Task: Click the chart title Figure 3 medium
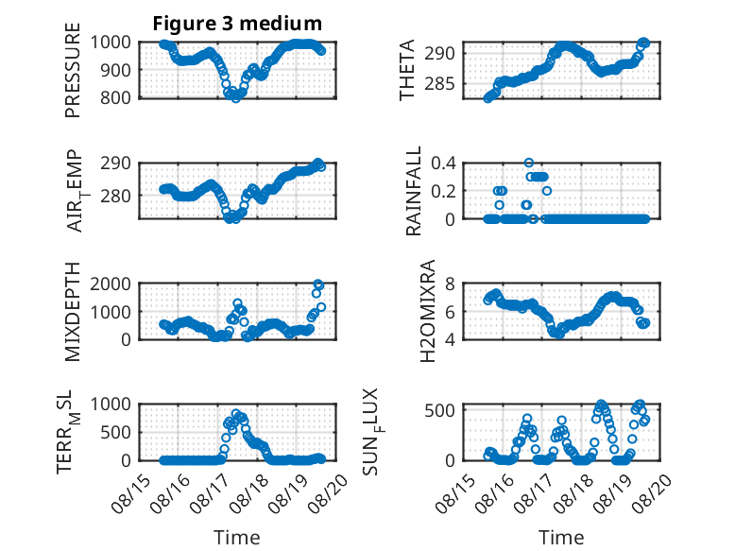click(237, 23)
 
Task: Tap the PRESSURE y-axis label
click(73, 70)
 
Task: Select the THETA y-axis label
click(407, 70)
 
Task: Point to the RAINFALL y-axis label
click(414, 190)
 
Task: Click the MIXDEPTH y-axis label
click(73, 311)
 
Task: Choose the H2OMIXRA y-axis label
click(428, 311)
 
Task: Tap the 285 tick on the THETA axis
click(440, 84)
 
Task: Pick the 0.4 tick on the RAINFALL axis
click(443, 164)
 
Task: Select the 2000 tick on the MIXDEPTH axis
click(111, 284)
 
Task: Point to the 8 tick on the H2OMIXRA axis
click(450, 284)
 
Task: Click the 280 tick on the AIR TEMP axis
click(116, 196)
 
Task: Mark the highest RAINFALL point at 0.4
click(529, 163)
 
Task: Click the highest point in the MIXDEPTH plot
click(318, 284)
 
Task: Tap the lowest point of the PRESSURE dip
click(236, 98)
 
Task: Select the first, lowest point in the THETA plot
click(487, 98)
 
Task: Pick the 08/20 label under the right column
click(653, 492)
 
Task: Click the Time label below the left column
click(237, 538)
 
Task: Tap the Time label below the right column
click(561, 538)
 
